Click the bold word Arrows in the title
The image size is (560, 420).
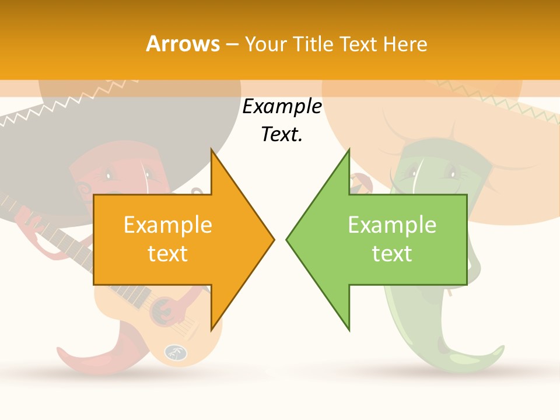pyautogui.click(x=183, y=44)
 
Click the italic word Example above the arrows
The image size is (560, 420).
pyautogui.click(x=282, y=107)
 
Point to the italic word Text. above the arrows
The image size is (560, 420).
pyautogui.click(x=282, y=135)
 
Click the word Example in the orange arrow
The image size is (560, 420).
pyautogui.click(x=168, y=225)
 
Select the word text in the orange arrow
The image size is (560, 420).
pyautogui.click(x=168, y=254)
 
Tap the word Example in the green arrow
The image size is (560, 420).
pyautogui.click(x=392, y=225)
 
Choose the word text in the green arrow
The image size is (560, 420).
pyautogui.click(x=392, y=254)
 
